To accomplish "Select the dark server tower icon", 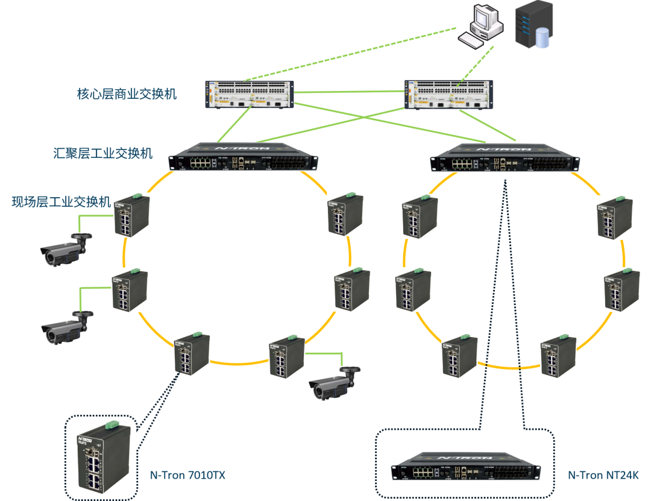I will pos(534,25).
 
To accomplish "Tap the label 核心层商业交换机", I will pos(127,93).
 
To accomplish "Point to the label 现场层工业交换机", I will pos(61,201).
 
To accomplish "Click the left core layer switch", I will pos(250,95).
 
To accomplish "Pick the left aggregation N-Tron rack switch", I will pos(243,157).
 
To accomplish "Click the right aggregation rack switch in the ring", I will pos(505,158).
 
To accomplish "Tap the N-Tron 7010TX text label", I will pos(187,475).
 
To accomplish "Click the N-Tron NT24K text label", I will pos(603,475).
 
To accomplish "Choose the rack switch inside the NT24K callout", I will pos(466,467).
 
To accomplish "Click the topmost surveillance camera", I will pos(66,250).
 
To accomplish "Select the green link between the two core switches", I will pos(350,92).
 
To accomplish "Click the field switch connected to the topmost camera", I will pos(131,216).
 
